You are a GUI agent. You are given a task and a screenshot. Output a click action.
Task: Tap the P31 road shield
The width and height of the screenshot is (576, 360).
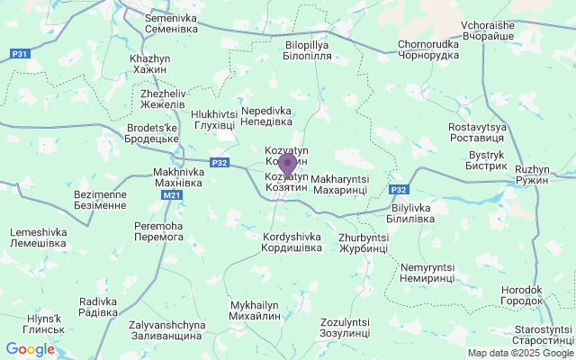tap(22, 55)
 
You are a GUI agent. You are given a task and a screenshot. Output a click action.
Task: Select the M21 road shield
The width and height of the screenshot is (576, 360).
tap(173, 194)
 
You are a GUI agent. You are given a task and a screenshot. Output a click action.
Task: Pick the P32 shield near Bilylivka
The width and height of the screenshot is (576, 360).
tap(400, 190)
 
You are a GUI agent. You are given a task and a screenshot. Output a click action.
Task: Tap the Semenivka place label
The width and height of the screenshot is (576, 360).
tap(171, 23)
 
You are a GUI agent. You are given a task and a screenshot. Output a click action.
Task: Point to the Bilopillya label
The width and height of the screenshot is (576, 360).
tap(308, 49)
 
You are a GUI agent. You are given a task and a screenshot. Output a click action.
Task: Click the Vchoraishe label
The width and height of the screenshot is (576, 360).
tap(486, 30)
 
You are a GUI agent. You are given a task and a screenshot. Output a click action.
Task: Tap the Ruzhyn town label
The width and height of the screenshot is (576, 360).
tap(532, 175)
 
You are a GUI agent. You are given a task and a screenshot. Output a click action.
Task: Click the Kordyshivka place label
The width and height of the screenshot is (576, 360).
tap(292, 242)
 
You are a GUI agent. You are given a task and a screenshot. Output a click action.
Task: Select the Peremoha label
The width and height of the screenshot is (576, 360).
tap(157, 230)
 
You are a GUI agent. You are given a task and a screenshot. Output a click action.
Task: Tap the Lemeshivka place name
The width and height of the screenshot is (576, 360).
tap(37, 238)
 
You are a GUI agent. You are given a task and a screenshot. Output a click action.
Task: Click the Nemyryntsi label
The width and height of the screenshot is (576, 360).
tap(427, 273)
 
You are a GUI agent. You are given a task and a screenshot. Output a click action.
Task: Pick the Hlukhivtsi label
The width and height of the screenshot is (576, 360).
tap(214, 119)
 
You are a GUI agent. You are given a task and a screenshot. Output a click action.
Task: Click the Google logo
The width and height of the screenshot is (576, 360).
tap(30, 349)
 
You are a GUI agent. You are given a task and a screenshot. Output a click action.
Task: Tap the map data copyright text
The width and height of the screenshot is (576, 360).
tap(520, 354)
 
